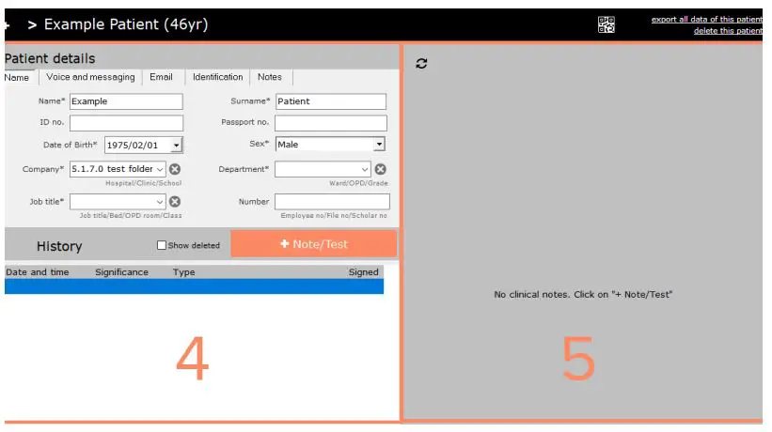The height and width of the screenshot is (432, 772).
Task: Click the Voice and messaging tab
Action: tap(90, 77)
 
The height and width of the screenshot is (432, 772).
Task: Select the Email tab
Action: tap(161, 77)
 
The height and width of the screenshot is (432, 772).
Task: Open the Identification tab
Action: tap(217, 77)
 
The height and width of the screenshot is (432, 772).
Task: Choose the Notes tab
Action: tap(269, 77)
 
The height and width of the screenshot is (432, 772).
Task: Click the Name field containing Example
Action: tap(126, 101)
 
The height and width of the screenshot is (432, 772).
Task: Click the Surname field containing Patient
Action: tap(331, 101)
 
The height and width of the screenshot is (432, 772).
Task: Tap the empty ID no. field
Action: tap(126, 123)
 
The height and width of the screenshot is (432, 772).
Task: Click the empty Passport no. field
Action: tap(331, 123)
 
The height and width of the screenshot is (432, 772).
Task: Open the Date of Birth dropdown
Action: tap(177, 146)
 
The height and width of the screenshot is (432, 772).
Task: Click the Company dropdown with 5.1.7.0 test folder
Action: tap(118, 169)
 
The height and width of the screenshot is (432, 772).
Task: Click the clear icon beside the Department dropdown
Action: tap(381, 169)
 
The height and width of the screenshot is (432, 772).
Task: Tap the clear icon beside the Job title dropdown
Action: tap(175, 201)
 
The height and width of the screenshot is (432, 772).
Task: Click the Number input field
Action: tap(332, 202)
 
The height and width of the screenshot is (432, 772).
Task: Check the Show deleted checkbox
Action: tap(161, 246)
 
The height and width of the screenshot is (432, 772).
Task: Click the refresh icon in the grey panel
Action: tap(421, 63)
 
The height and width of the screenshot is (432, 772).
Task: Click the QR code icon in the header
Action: tap(607, 25)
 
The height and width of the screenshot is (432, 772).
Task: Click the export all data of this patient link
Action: tap(706, 20)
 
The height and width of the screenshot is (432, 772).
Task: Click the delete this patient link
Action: tap(728, 31)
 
